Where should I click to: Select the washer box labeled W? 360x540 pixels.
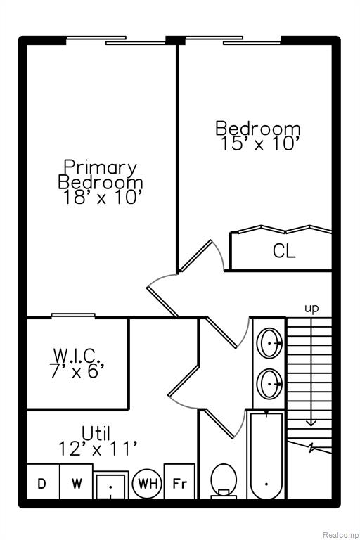[x=77, y=482]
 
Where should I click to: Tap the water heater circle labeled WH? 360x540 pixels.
[x=148, y=484]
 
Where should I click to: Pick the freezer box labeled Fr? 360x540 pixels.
[x=179, y=482]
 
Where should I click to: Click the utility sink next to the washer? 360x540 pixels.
[x=111, y=486]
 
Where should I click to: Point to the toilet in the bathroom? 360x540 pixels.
[x=224, y=481]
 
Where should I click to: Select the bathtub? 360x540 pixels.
[x=266, y=455]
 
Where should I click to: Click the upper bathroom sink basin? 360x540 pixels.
[x=271, y=343]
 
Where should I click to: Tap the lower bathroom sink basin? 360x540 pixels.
[x=271, y=384]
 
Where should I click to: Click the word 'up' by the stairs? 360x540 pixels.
[x=311, y=309]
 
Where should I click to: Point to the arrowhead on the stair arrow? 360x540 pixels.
[x=311, y=422]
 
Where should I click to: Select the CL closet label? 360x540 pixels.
[x=284, y=251]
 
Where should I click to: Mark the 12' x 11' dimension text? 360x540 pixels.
[x=98, y=449]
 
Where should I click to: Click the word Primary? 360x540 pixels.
[x=101, y=168]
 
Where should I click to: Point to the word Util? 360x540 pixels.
[x=96, y=433]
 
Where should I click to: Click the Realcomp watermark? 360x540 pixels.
[x=340, y=535]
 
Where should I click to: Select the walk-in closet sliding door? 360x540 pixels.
[x=73, y=316]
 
